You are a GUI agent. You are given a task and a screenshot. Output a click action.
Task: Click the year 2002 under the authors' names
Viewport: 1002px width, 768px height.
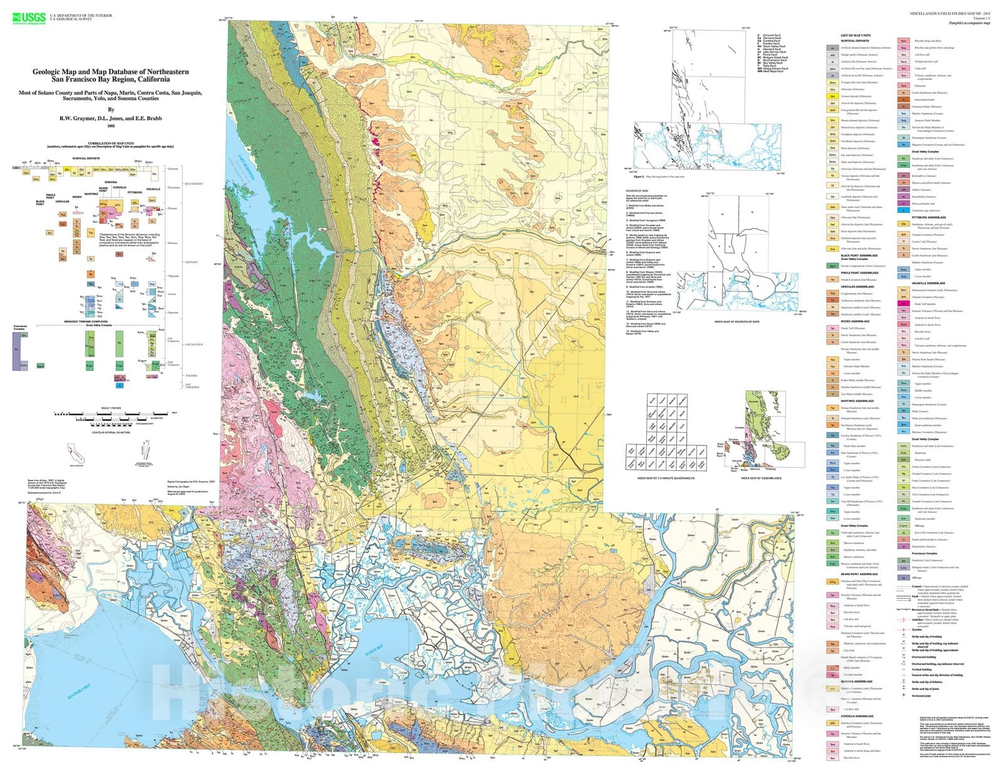(x=111, y=126)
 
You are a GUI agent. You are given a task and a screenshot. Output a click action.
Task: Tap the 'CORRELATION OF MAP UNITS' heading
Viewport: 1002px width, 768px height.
(x=110, y=143)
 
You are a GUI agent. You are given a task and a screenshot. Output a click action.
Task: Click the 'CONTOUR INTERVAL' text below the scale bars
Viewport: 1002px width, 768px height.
(x=111, y=432)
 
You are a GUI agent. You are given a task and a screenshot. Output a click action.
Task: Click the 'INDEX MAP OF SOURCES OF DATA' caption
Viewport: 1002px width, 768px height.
(x=737, y=321)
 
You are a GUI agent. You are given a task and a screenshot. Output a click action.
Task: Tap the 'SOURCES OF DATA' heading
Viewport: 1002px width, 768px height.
(x=638, y=190)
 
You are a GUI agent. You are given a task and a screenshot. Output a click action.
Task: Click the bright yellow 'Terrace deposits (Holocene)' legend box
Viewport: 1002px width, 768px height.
(x=833, y=96)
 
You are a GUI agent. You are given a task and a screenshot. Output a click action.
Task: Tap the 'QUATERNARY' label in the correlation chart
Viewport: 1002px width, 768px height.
(x=191, y=184)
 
